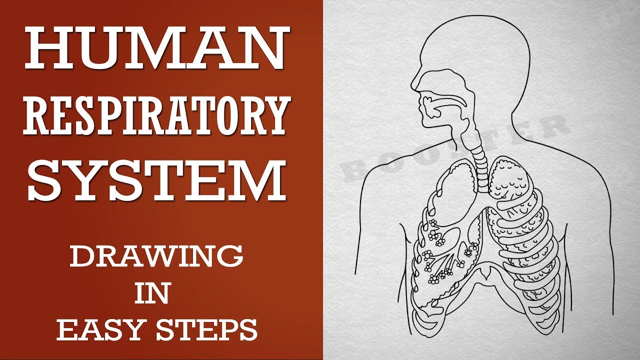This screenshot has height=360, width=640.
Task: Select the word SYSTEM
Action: tap(157, 180)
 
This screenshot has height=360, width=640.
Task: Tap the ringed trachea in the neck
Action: tap(481, 165)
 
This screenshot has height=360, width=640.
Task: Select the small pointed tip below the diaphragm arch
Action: tap(483, 275)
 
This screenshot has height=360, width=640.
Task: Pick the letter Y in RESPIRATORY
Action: tap(274, 115)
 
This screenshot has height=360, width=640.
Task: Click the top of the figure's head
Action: tap(474, 16)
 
